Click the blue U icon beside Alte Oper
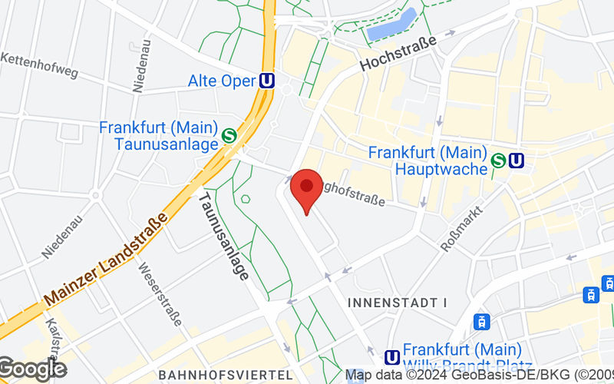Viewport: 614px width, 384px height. point(267,81)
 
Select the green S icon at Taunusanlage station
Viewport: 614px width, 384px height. point(229,136)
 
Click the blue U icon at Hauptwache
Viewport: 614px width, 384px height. point(517,161)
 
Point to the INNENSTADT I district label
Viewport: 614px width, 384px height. point(397,303)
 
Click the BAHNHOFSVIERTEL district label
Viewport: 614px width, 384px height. point(225,374)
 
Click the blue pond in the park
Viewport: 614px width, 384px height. point(392,25)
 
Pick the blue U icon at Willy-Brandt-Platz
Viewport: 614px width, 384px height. point(391,356)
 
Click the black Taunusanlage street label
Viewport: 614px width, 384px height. point(225,235)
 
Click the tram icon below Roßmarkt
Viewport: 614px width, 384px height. point(481,320)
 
